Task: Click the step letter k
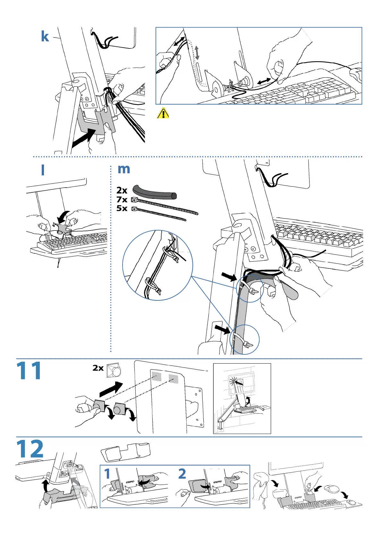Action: pyautogui.click(x=45, y=37)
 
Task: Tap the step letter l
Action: pyautogui.click(x=43, y=170)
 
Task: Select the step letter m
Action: pyautogui.click(x=124, y=169)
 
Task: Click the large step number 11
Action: pyautogui.click(x=29, y=371)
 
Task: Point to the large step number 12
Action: pyautogui.click(x=30, y=449)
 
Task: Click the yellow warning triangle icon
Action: pyautogui.click(x=163, y=113)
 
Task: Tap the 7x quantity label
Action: pyautogui.click(x=122, y=199)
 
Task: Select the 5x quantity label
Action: pyautogui.click(x=122, y=208)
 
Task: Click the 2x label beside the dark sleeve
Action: pyautogui.click(x=122, y=190)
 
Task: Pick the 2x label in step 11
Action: pyautogui.click(x=98, y=368)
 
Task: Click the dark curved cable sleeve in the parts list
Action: pyautogui.click(x=155, y=192)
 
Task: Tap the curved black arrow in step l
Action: pyautogui.click(x=65, y=216)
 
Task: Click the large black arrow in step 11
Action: pyautogui.click(x=111, y=389)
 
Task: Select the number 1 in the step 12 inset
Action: pyautogui.click(x=107, y=474)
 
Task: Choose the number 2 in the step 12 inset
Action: pyautogui.click(x=182, y=474)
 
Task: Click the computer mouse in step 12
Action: pyautogui.click(x=331, y=489)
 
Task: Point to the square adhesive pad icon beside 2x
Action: pyautogui.click(x=114, y=369)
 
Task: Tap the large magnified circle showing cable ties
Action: pyautogui.click(x=157, y=265)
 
